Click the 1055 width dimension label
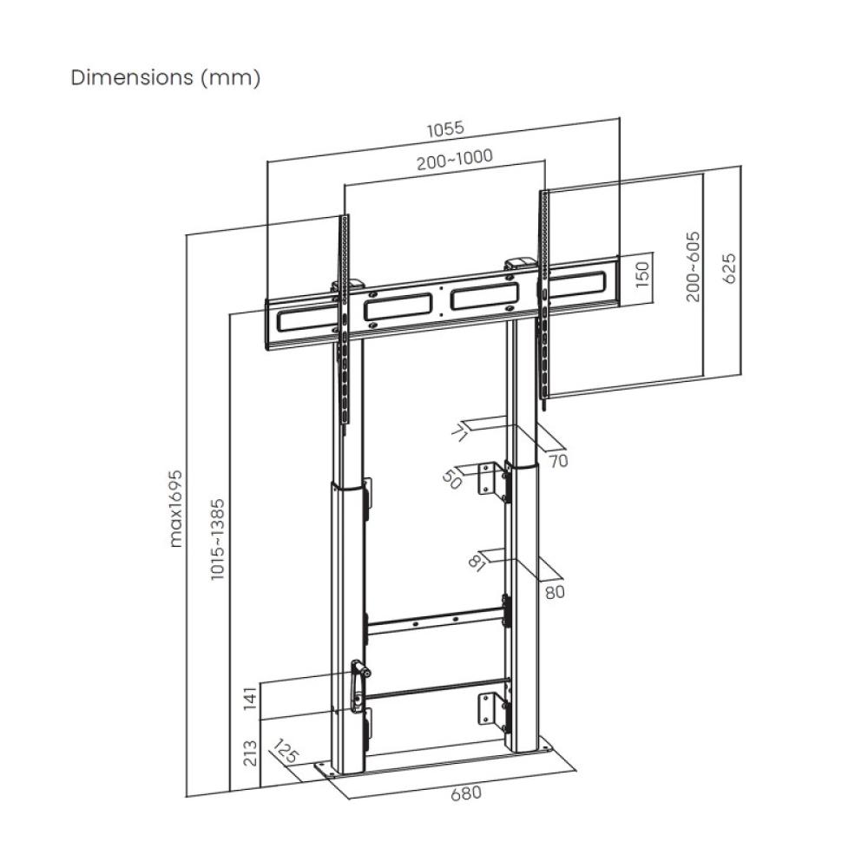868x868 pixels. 445,128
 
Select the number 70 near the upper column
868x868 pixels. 557,461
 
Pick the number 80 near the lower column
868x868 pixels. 556,592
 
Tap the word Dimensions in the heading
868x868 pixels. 132,77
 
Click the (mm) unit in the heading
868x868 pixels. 230,77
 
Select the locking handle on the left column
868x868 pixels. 358,685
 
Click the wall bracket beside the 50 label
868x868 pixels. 491,478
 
